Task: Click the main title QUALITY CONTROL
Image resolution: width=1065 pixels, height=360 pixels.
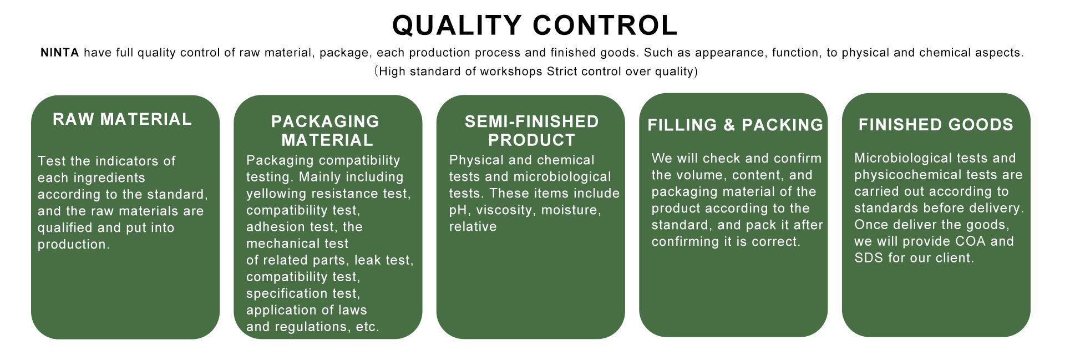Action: pos(535,25)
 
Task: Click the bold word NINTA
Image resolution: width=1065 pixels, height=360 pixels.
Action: pos(60,53)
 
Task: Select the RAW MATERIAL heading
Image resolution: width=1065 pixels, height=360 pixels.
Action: pos(122,119)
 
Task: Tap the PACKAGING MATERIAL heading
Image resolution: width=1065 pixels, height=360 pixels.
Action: pos(326,130)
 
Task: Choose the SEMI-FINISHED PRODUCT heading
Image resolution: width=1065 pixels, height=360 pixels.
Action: pos(531,130)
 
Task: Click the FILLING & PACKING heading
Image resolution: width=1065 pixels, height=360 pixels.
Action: pos(735,125)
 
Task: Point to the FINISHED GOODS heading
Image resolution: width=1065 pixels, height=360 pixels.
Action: pos(936,125)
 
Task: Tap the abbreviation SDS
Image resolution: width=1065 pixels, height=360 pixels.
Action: pos(868,258)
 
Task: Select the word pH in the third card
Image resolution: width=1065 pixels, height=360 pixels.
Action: pos(458,210)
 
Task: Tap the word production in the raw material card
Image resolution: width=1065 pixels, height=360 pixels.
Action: pos(73,245)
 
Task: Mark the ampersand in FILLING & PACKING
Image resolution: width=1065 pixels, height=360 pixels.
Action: pos(730,125)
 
